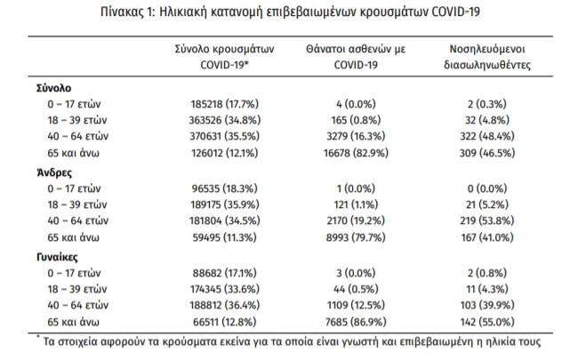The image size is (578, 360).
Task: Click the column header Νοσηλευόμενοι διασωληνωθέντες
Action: click(x=487, y=57)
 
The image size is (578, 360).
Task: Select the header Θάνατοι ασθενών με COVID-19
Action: click(x=356, y=57)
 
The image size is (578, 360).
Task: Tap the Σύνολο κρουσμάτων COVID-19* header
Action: click(x=224, y=57)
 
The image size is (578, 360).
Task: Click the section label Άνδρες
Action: click(x=54, y=172)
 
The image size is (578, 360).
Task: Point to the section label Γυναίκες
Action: click(x=57, y=257)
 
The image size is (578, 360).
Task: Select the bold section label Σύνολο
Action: click(x=54, y=88)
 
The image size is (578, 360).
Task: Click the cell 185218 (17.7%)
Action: click(x=224, y=104)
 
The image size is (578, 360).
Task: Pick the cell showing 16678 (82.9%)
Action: click(x=356, y=153)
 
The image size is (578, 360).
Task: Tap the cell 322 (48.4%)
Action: click(x=487, y=136)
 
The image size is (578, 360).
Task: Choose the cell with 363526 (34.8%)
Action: click(x=224, y=120)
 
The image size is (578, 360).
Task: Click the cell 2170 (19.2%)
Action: click(x=356, y=220)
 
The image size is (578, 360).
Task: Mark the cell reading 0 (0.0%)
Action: click(x=487, y=188)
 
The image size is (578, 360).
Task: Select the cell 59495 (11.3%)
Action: click(x=224, y=237)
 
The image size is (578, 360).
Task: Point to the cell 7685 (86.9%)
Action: click(x=356, y=322)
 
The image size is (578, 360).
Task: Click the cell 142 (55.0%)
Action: click(x=487, y=322)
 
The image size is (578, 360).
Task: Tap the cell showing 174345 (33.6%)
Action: click(x=224, y=289)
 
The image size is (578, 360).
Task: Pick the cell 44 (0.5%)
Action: click(x=356, y=289)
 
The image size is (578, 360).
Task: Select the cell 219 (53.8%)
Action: click(x=487, y=220)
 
